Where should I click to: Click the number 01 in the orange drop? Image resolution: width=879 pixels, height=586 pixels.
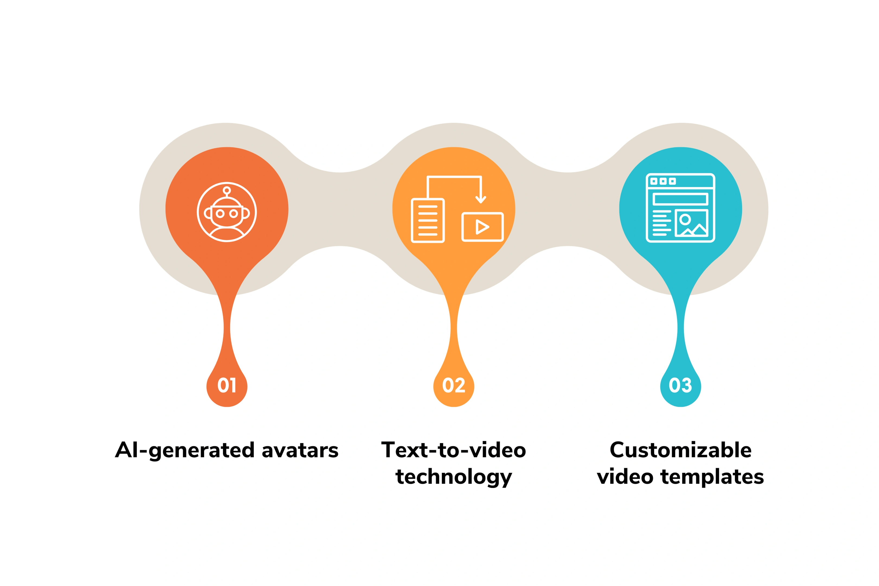point(227,385)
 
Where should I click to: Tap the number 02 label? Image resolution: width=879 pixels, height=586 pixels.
point(454,385)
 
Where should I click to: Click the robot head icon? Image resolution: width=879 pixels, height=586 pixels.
point(227,212)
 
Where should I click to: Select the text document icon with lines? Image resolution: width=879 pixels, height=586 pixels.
point(428,221)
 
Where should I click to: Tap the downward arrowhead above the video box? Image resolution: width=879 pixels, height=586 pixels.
point(481,200)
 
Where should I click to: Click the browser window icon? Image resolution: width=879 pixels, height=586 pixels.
point(681,208)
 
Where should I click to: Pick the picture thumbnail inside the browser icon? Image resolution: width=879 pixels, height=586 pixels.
point(691,223)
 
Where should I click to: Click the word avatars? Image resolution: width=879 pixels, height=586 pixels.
point(300,450)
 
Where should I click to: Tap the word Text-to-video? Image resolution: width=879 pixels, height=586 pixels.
point(454,450)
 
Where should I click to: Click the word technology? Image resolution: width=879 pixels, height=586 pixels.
point(454,477)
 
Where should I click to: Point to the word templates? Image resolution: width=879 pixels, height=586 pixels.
point(712,477)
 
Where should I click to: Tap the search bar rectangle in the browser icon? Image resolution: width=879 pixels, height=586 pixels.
point(681,199)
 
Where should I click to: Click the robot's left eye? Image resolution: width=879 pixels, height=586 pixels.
point(220,214)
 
